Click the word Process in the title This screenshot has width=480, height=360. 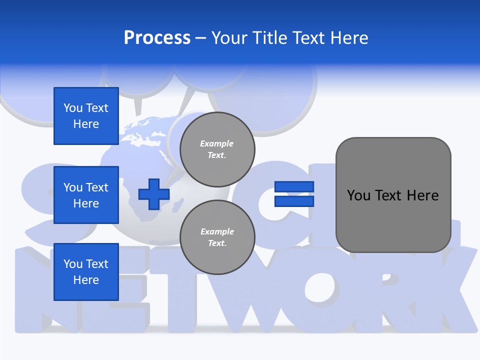[x=157, y=38]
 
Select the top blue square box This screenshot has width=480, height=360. [x=86, y=116]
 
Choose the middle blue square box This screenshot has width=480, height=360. [x=86, y=195]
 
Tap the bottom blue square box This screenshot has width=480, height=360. [x=86, y=272]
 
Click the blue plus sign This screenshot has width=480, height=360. [x=154, y=194]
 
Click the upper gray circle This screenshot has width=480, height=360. [x=217, y=149]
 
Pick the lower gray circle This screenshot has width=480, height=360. [x=217, y=237]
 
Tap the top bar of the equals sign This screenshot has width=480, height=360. [x=294, y=187]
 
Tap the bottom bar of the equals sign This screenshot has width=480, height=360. [x=294, y=201]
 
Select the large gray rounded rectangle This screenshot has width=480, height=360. [x=393, y=195]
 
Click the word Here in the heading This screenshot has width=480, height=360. [x=349, y=38]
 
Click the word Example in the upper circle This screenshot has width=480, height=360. [x=217, y=143]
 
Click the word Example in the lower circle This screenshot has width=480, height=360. [x=217, y=231]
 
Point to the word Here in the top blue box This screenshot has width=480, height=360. [x=86, y=124]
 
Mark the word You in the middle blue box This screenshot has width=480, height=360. [x=72, y=187]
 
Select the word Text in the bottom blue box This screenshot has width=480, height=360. [x=97, y=264]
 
